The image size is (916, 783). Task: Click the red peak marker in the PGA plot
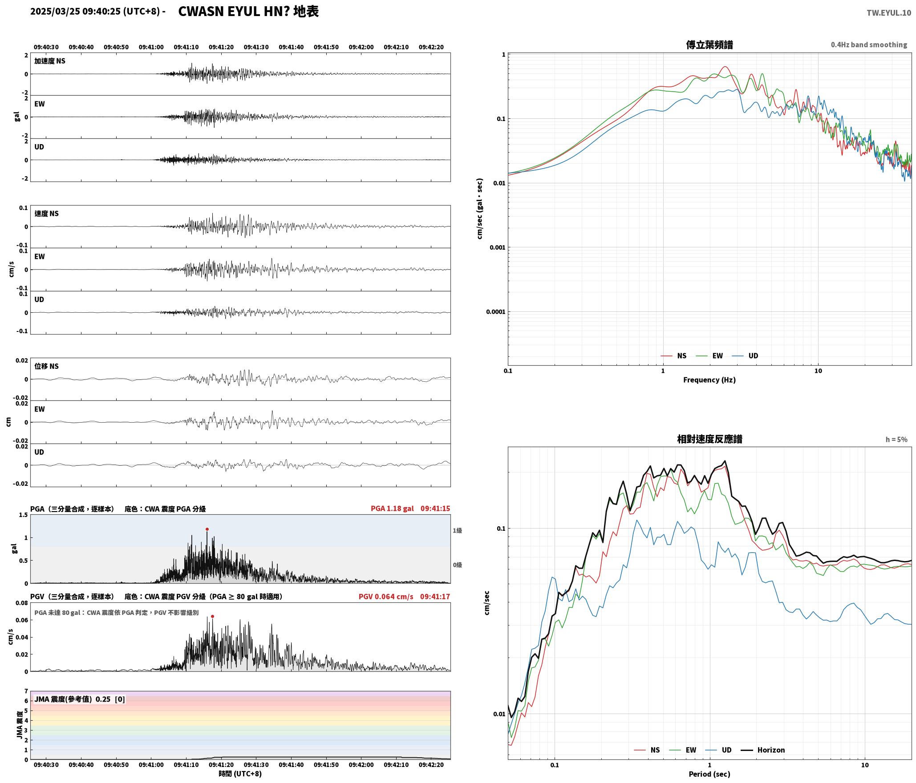click(207, 529)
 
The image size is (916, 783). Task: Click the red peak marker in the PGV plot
click(212, 616)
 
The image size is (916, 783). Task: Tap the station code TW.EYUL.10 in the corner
click(888, 13)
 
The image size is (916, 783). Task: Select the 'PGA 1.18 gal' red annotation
click(392, 509)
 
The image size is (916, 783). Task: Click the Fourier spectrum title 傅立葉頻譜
click(709, 45)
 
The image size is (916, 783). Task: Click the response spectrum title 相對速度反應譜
click(709, 439)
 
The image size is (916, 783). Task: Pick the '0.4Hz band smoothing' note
click(869, 45)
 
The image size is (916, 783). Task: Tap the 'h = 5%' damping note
click(896, 440)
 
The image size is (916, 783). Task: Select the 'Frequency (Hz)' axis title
click(709, 380)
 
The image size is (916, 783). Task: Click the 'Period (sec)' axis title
click(709, 774)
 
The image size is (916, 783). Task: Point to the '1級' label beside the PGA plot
click(457, 530)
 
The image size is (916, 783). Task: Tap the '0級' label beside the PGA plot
click(457, 565)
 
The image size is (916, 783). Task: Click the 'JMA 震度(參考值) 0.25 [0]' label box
click(79, 699)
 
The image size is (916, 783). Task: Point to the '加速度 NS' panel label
click(50, 61)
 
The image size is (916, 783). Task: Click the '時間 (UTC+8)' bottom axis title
click(240, 774)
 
